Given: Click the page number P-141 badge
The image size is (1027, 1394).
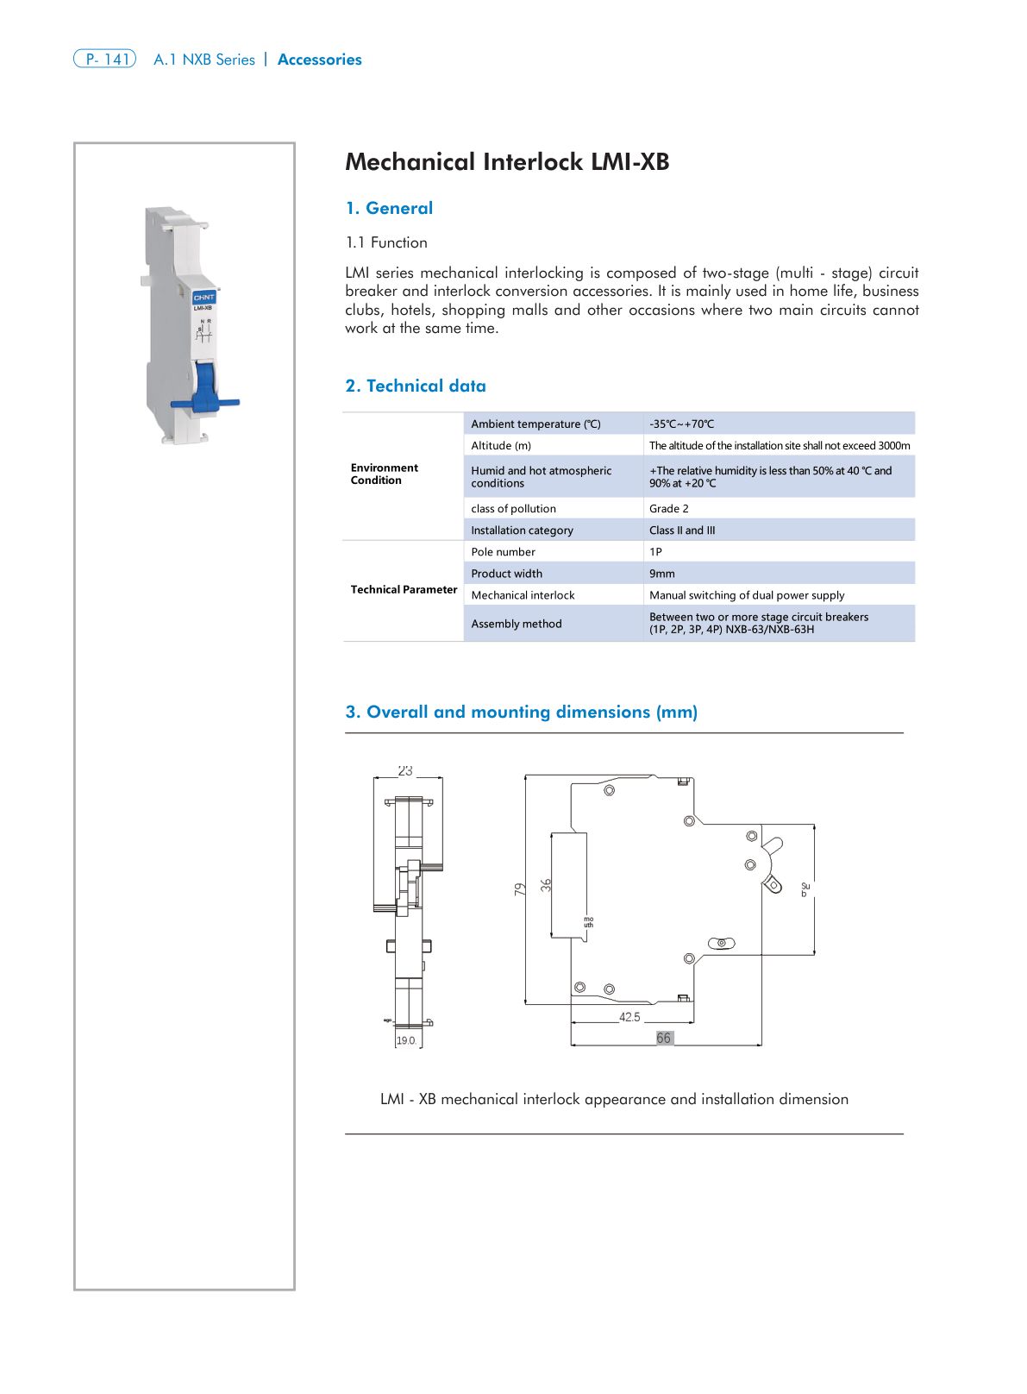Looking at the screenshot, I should coord(105,60).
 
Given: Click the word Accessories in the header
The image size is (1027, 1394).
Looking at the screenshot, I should coord(319,60).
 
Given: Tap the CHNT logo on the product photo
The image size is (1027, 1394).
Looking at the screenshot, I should coord(204,297).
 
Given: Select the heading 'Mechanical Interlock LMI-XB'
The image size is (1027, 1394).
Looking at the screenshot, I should coord(507,162).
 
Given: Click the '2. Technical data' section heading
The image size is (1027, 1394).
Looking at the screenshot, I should coord(416,386).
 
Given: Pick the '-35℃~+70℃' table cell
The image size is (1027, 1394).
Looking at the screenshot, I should coord(681,424).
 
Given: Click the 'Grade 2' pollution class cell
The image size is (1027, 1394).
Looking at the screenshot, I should coord(668,508).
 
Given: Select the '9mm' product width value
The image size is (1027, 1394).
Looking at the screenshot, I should coord(661,573).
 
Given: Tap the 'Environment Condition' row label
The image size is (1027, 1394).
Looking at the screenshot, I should coord(384,474).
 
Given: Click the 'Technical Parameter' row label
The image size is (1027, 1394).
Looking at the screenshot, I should coord(404,589).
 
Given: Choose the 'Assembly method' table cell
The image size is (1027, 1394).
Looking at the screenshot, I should coord(516,623).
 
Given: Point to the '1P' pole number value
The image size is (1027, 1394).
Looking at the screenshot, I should coord(655,551).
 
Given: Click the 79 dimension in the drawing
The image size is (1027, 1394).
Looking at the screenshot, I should coord(520,889).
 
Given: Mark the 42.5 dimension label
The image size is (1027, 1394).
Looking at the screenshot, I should coord(629,1017).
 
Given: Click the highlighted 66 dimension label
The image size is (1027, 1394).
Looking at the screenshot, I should coord(663,1038).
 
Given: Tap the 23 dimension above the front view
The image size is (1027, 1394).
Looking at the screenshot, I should coord(405,770).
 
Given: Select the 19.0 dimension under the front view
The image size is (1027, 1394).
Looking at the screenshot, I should coord(405,1040).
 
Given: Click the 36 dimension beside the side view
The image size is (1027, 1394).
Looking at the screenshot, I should coord(546,885).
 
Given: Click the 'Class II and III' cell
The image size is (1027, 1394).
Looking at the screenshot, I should coord(681,530).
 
